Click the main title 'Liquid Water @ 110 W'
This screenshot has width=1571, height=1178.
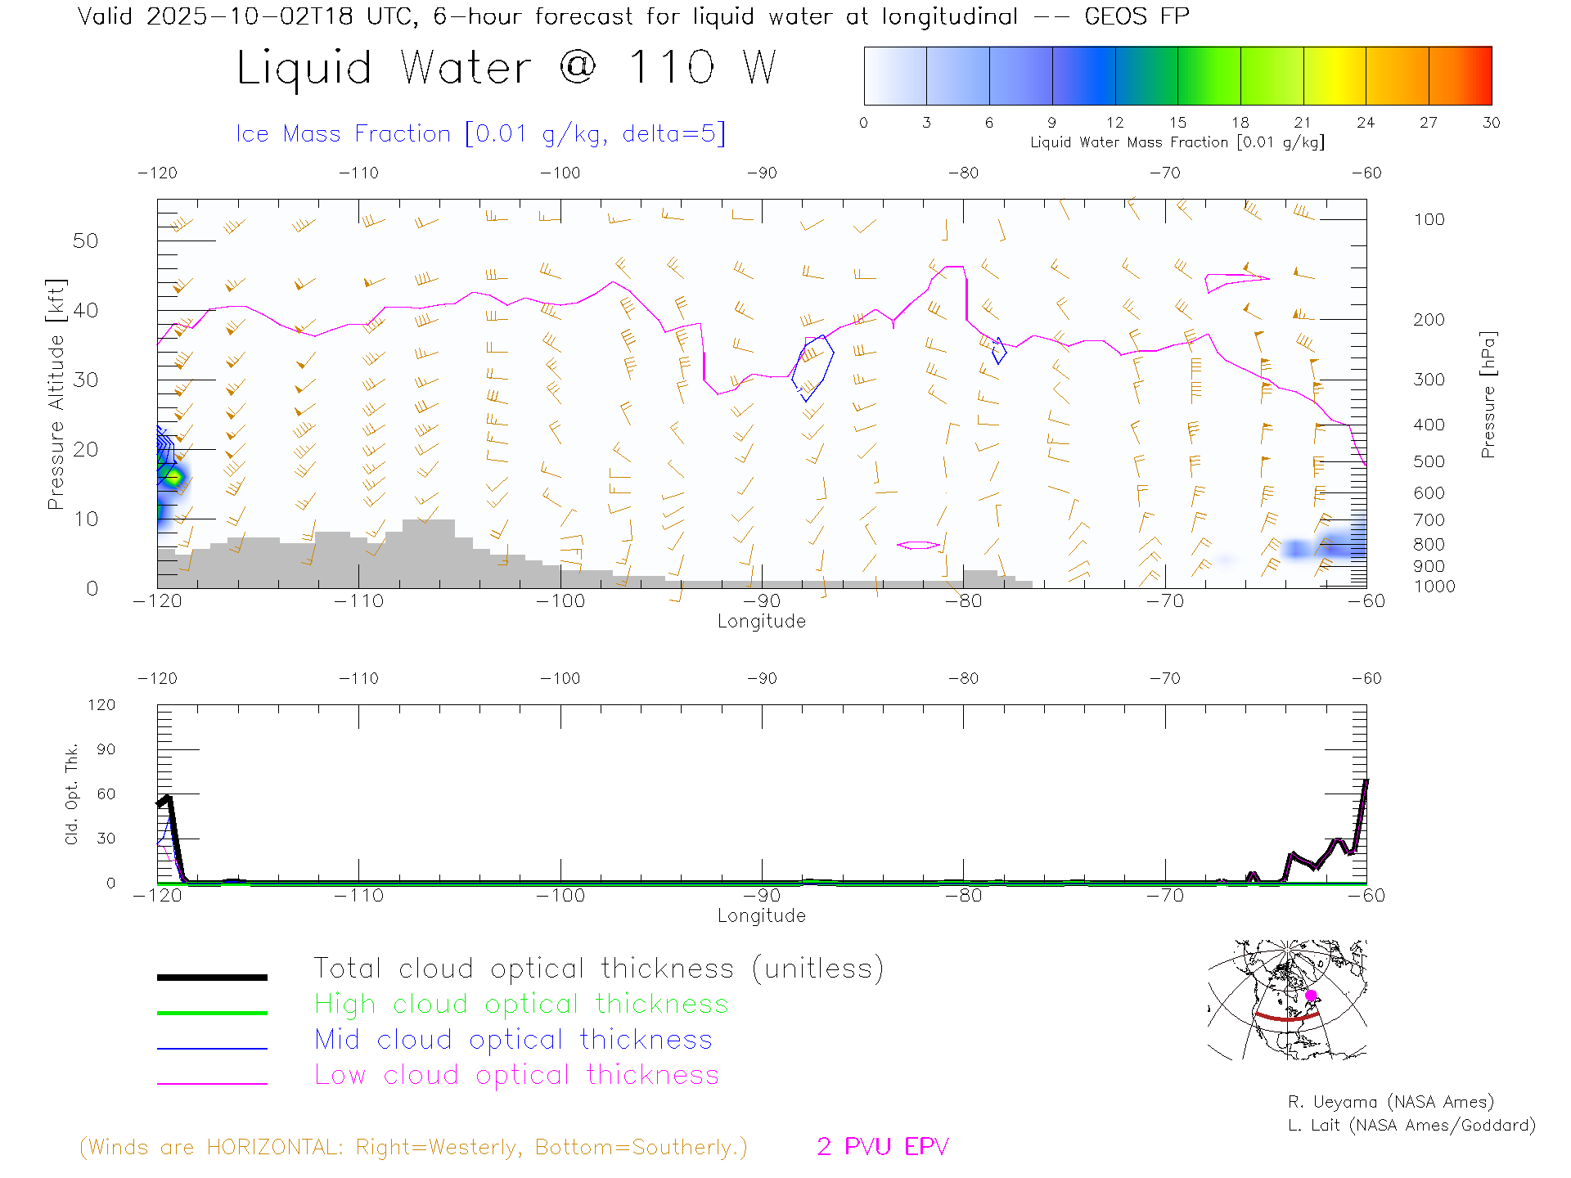tap(506, 68)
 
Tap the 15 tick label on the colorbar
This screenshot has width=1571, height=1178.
tap(1177, 123)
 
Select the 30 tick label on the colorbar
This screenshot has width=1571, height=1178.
tap(1491, 123)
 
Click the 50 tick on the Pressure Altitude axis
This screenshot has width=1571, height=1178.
tap(85, 241)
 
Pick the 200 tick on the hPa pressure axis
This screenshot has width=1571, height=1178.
tap(1429, 320)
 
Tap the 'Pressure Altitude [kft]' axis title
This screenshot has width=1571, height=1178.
tap(56, 394)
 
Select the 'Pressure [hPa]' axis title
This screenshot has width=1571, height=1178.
tap(1488, 394)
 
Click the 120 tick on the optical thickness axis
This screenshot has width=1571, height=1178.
tap(101, 705)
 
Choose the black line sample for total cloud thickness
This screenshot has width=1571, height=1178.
tap(212, 977)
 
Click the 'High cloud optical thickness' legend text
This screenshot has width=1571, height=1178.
tap(521, 1004)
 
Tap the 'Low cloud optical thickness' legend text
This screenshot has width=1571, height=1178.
tap(516, 1075)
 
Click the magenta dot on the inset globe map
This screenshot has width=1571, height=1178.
tap(1311, 996)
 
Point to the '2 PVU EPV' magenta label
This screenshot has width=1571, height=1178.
tap(882, 1147)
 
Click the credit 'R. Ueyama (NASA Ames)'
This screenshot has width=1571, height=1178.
tap(1390, 1102)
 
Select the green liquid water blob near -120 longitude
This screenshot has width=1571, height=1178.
tap(173, 477)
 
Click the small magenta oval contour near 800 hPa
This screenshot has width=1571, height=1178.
tap(918, 545)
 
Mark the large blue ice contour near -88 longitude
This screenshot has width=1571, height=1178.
tap(813, 367)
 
